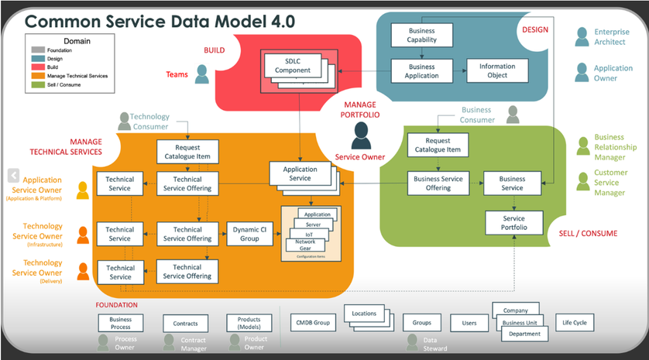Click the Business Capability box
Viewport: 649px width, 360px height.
(422, 35)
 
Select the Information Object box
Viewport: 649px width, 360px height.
(497, 71)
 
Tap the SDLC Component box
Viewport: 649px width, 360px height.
(291, 66)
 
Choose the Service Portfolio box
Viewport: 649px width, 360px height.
(511, 223)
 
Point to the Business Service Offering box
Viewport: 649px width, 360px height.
(438, 183)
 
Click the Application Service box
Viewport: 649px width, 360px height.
(300, 174)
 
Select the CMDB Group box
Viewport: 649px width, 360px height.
(311, 322)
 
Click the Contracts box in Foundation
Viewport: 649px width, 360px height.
(186, 324)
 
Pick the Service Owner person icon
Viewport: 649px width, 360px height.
(360, 136)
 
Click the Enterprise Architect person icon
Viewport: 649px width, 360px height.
(582, 36)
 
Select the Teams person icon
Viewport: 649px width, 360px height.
(202, 74)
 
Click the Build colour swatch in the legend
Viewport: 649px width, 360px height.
(38, 67)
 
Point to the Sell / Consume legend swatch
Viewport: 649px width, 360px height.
(38, 84)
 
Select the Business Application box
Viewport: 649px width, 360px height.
(422, 71)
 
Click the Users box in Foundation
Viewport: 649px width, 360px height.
(469, 322)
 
